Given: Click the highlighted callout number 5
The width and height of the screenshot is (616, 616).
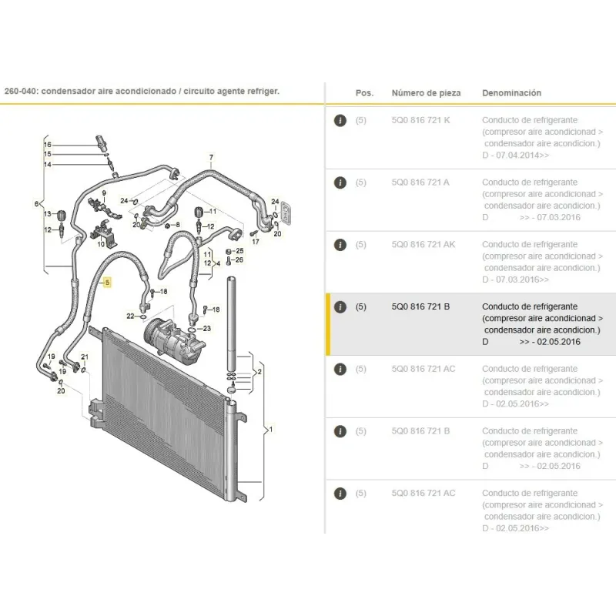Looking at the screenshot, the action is pyautogui.click(x=107, y=283).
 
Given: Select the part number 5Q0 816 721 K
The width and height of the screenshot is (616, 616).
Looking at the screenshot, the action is pyautogui.click(x=420, y=120).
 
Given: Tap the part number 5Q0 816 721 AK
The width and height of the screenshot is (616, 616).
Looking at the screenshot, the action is pyautogui.click(x=423, y=244).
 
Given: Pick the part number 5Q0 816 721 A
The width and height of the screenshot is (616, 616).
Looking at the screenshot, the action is pyautogui.click(x=420, y=182).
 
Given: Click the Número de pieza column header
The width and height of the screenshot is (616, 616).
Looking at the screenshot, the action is pyautogui.click(x=426, y=93).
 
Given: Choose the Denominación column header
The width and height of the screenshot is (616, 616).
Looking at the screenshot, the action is pyautogui.click(x=511, y=93).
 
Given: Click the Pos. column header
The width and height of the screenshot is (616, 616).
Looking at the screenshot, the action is pyautogui.click(x=364, y=93).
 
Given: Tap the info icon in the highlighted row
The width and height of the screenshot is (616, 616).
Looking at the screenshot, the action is pyautogui.click(x=340, y=306).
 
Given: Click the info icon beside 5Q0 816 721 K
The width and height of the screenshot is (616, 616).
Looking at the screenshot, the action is pyautogui.click(x=340, y=120).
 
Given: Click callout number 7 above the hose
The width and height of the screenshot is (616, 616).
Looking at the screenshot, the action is pyautogui.click(x=211, y=158).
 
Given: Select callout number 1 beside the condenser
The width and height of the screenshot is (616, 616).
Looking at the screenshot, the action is pyautogui.click(x=271, y=430).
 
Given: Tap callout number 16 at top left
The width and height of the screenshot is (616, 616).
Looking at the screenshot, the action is pyautogui.click(x=48, y=145).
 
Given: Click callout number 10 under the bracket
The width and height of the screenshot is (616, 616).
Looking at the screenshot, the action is pyautogui.click(x=101, y=244).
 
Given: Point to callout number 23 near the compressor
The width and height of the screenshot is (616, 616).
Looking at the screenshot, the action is pyautogui.click(x=206, y=329).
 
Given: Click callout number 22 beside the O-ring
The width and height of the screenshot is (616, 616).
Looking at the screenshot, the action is pyautogui.click(x=130, y=316).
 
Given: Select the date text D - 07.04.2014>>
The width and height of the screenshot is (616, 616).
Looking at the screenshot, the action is pyautogui.click(x=515, y=156).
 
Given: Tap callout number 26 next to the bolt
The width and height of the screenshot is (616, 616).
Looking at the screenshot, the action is pyautogui.click(x=239, y=259).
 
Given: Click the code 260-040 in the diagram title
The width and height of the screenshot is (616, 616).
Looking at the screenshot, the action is pyautogui.click(x=20, y=91).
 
